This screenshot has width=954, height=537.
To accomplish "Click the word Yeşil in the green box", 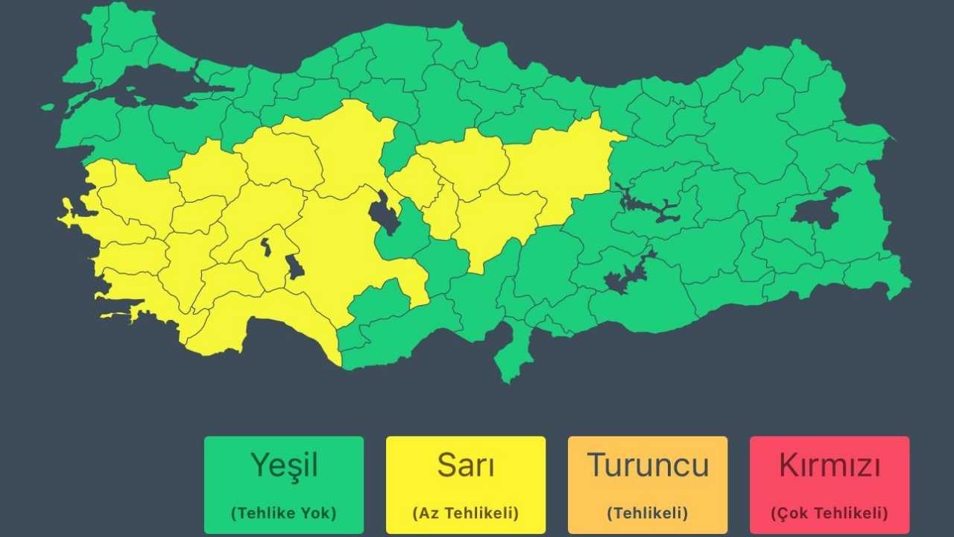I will (284, 465).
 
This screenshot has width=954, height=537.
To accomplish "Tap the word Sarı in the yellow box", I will (465, 465).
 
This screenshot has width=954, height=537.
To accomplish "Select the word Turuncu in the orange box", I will (647, 465).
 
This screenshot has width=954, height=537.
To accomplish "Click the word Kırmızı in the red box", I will (830, 465).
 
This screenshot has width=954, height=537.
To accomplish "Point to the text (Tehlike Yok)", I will (284, 513).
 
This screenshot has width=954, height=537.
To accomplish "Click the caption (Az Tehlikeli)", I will (465, 513).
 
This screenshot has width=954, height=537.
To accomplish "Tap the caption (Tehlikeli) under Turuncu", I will (647, 513).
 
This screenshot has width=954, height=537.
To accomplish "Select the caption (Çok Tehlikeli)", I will (830, 513).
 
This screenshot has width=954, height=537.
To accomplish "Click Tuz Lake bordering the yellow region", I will (384, 213).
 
